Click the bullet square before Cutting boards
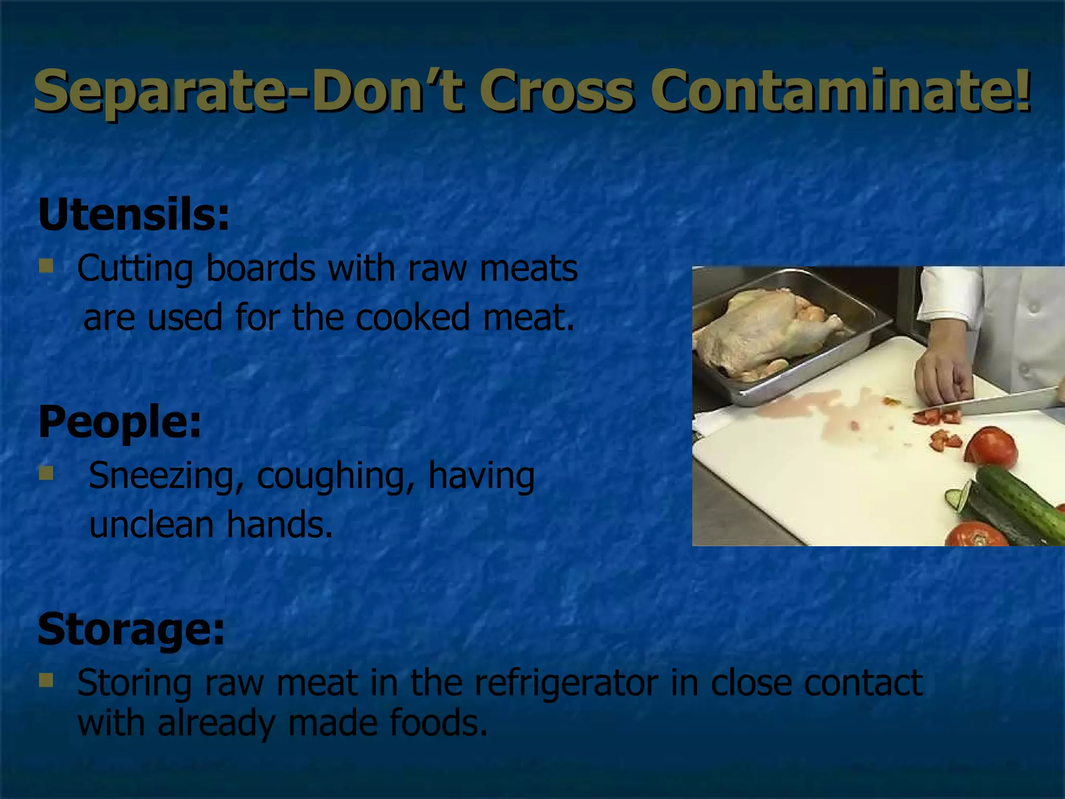[x=46, y=266]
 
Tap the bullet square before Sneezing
[x=46, y=473]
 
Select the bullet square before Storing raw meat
[x=46, y=680]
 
